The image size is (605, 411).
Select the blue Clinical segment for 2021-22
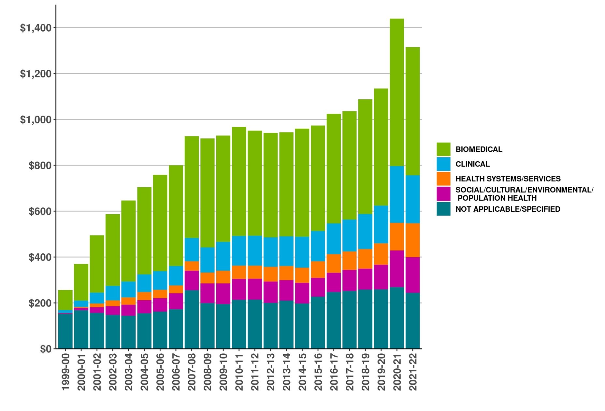click(x=412, y=199)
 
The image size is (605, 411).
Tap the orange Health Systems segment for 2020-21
click(x=396, y=236)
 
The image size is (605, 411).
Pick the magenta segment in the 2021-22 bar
click(x=412, y=275)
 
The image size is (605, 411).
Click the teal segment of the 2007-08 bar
click(x=192, y=319)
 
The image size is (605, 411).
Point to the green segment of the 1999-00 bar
click(x=65, y=300)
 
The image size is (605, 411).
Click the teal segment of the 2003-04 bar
click(x=128, y=332)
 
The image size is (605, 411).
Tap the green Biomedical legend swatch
click(x=443, y=149)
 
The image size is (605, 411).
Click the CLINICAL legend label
click(x=472, y=164)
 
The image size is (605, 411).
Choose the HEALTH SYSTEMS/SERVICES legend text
click(x=508, y=179)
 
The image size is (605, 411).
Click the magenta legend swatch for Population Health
click(x=443, y=194)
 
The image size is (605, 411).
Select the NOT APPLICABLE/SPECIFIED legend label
click(x=508, y=209)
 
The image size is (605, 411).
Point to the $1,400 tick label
click(x=36, y=28)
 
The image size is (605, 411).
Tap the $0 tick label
click(x=46, y=349)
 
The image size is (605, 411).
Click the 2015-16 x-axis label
click(x=318, y=371)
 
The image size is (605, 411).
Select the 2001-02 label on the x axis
click(x=97, y=371)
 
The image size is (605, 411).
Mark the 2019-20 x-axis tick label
click(x=381, y=371)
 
